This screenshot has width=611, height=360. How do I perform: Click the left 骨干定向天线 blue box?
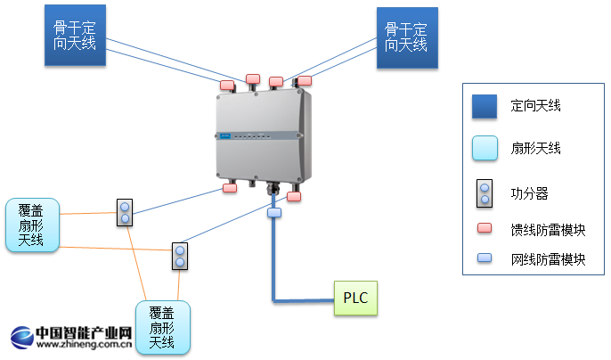pyautogui.click(x=75, y=36)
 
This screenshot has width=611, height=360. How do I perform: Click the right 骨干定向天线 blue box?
pyautogui.click(x=406, y=37)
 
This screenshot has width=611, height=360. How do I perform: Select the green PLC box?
pyautogui.click(x=355, y=298)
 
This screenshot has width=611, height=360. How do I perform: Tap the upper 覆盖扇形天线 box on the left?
pyautogui.click(x=32, y=225)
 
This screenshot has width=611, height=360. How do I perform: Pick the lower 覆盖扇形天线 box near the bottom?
pyautogui.click(x=161, y=327)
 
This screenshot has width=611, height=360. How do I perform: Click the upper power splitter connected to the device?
pyautogui.click(x=125, y=211)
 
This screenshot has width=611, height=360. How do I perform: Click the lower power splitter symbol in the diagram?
pyautogui.click(x=180, y=256)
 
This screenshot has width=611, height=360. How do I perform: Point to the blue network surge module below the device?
pyautogui.click(x=273, y=214)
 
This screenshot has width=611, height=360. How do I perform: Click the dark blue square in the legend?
pyautogui.click(x=484, y=107)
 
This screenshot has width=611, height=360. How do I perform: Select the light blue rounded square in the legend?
pyautogui.click(x=484, y=148)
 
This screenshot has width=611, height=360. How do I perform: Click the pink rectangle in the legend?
pyautogui.click(x=484, y=228)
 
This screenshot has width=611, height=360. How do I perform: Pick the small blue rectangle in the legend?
pyautogui.click(x=484, y=259)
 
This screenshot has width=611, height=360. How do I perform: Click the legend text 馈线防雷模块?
pyautogui.click(x=548, y=228)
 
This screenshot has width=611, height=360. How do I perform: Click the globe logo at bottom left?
pyautogui.click(x=21, y=338)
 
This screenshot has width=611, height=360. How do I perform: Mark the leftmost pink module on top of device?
pyautogui.click(x=228, y=85)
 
